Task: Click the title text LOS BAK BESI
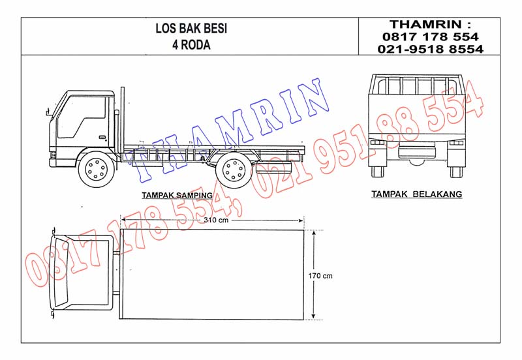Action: coord(191,29)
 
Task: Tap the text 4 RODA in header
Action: coord(191,45)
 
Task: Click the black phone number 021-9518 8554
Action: coord(431,50)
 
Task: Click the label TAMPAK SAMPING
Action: coord(177,195)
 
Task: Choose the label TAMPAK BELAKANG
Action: coord(416,194)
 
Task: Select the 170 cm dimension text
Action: coord(320,276)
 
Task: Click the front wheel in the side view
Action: coord(96,169)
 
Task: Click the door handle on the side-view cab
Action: coord(102,136)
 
